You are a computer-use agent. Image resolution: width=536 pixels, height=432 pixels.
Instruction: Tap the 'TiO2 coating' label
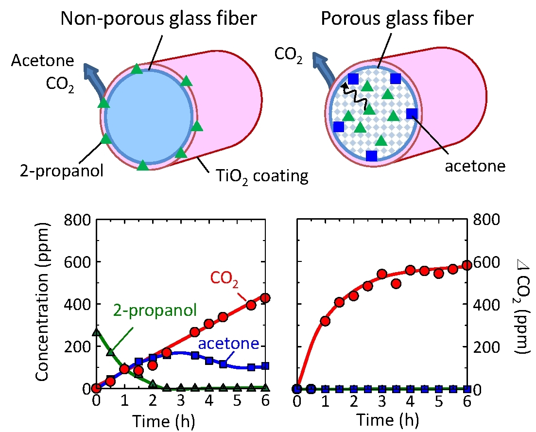(258, 175)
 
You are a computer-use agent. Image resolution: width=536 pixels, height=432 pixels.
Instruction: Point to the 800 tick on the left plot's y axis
(77, 220)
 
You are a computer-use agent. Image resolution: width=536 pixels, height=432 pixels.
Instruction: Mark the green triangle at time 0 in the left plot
(96, 332)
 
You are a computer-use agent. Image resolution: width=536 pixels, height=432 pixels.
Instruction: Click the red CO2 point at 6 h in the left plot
(265, 298)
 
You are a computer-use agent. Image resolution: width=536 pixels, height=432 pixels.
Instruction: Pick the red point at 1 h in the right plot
(326, 321)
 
